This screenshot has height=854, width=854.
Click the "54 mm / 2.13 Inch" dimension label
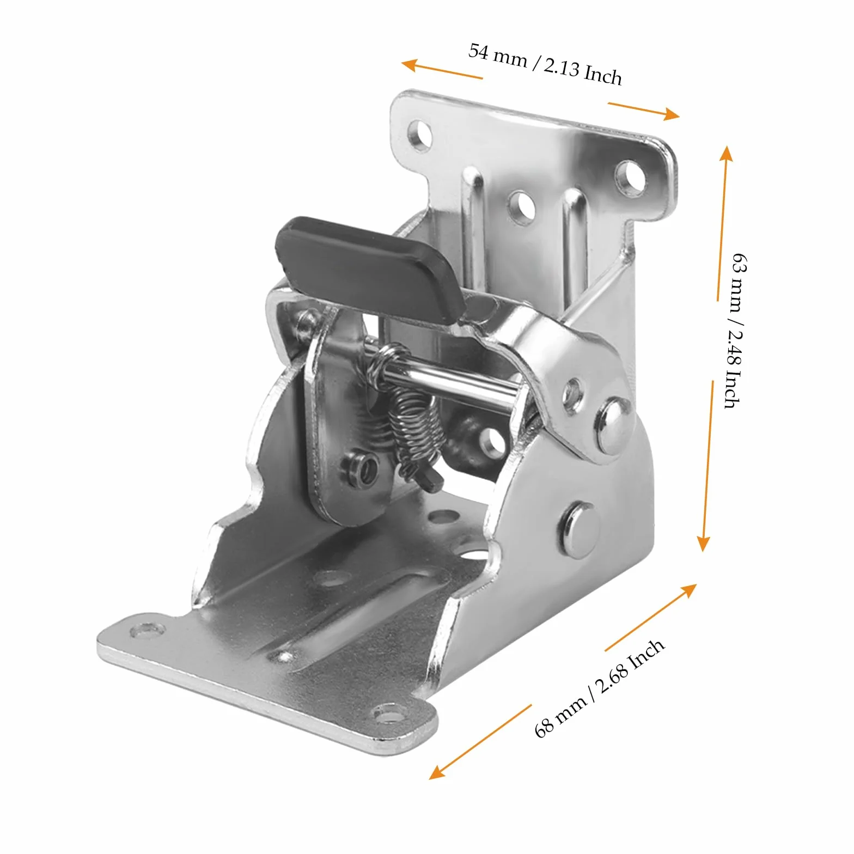tap(545, 64)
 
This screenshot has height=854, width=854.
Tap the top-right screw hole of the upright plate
tap(629, 176)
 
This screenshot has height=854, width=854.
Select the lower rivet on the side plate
tap(578, 528)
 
